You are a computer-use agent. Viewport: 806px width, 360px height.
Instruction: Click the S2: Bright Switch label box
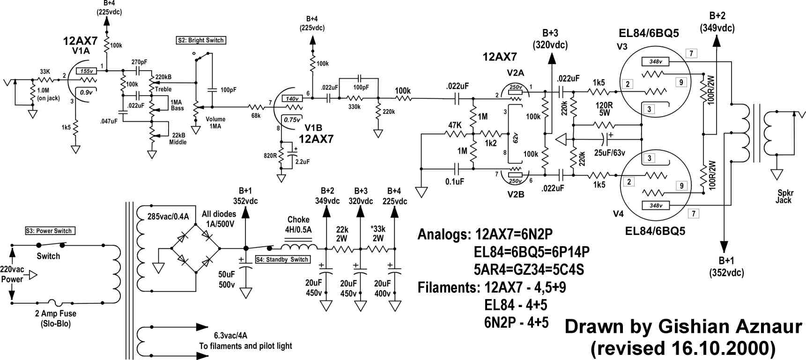tap(201, 40)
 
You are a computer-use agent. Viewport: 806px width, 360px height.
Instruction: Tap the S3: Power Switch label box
tap(50, 231)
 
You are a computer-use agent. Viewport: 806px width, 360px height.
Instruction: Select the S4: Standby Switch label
tap(283, 259)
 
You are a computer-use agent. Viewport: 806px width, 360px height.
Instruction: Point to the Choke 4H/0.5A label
tap(298, 224)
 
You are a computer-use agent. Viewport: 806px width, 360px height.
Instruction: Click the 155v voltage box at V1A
tap(86, 71)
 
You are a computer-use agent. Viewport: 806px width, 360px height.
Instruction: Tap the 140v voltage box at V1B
tap(292, 99)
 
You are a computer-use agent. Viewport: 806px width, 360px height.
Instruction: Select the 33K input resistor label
tap(45, 72)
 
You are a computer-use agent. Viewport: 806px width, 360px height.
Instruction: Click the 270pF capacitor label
tap(139, 62)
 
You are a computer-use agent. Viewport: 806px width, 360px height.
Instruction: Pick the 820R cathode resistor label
tap(270, 155)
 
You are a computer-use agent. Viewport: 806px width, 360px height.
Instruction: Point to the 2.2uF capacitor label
tap(302, 162)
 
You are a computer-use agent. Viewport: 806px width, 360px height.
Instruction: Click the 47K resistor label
tap(455, 125)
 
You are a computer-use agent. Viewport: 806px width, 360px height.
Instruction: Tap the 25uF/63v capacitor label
tap(609, 153)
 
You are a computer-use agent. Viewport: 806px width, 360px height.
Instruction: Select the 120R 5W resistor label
tap(604, 109)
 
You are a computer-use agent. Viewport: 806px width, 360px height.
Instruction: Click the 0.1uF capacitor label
tap(454, 182)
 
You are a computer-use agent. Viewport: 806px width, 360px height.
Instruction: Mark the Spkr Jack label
tap(784, 197)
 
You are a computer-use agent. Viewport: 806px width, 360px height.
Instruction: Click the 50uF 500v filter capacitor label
tap(227, 279)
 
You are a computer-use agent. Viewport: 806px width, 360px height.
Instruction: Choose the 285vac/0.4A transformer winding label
tap(168, 216)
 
